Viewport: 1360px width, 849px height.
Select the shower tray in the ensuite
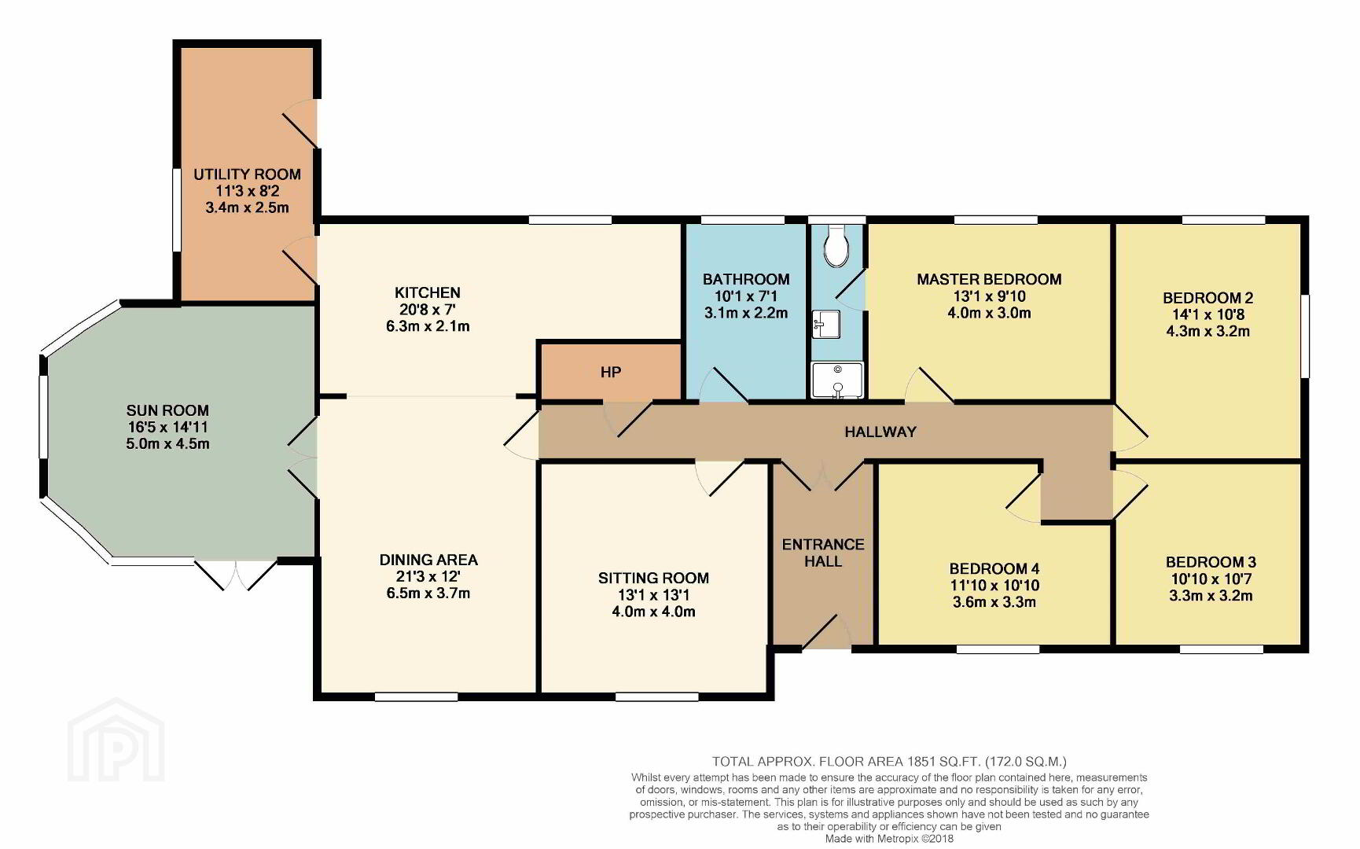tap(837, 380)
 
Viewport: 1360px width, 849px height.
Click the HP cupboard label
tap(611, 373)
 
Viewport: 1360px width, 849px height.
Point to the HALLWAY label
tap(880, 432)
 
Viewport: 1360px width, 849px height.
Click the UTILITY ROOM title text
tap(247, 175)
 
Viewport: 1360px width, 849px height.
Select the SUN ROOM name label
tap(167, 410)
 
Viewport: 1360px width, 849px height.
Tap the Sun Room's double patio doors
tap(235, 574)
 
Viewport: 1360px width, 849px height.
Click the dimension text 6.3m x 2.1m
tap(428, 326)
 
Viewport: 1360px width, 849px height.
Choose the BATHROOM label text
tap(746, 279)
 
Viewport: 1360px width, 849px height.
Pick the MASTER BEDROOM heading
tap(989, 279)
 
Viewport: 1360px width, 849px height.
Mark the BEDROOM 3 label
tap(1211, 562)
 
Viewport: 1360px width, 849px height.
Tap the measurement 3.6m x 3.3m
tap(993, 602)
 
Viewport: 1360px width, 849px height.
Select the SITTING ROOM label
tap(653, 579)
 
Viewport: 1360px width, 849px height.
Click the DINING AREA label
tap(428, 560)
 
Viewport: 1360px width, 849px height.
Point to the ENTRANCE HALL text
tap(823, 553)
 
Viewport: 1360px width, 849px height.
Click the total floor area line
tap(889, 761)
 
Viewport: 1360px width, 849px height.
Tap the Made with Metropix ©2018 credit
tap(889, 839)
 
